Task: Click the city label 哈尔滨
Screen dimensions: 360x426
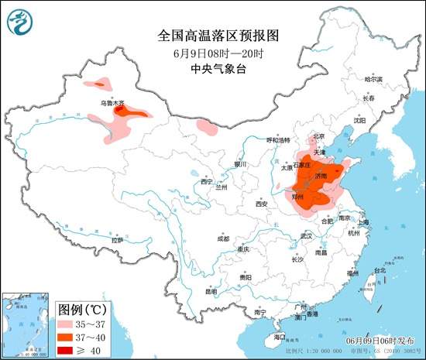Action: click(373, 79)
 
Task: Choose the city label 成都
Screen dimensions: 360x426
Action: click(223, 238)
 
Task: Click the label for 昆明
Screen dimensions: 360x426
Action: click(211, 292)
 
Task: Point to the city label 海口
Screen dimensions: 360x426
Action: click(280, 337)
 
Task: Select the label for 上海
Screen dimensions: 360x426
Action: click(364, 222)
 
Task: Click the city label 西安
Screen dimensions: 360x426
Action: click(260, 204)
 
